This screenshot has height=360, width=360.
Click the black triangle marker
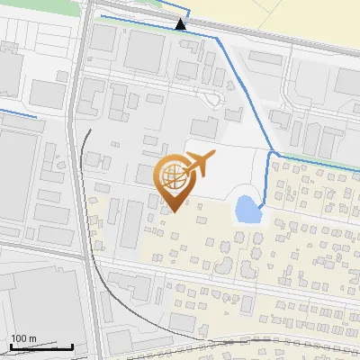182,24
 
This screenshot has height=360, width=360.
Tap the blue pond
246,210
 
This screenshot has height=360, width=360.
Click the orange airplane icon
198,164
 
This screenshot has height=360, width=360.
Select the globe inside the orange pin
171,175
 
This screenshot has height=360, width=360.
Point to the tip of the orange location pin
174,212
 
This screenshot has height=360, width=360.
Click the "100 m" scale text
23,338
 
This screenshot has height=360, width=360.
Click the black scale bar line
41,346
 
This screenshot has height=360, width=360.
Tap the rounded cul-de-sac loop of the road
214,99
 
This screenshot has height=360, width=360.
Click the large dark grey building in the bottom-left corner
36,306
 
